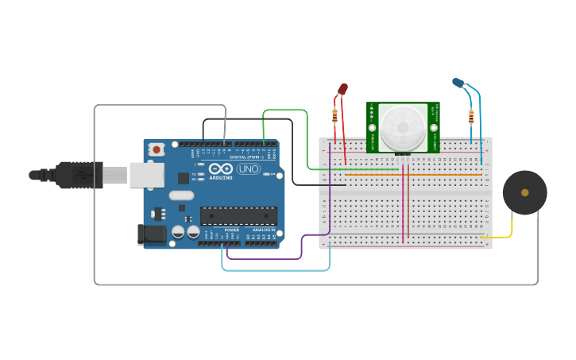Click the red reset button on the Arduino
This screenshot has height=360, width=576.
(x=157, y=149)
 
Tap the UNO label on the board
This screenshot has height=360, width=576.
(x=249, y=168)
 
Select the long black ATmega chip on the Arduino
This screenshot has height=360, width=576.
(x=238, y=215)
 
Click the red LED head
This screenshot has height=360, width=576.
(x=342, y=89)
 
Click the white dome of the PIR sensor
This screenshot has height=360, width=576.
(x=402, y=126)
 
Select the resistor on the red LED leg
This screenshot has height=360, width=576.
(x=334, y=116)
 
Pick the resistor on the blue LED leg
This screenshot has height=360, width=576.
(x=471, y=117)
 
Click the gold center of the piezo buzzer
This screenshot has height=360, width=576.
(x=524, y=192)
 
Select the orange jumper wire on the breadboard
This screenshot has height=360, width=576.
(x=413, y=174)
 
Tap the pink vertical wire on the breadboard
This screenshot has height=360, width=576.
(x=404, y=207)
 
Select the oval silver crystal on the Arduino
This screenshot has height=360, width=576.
(x=181, y=195)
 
